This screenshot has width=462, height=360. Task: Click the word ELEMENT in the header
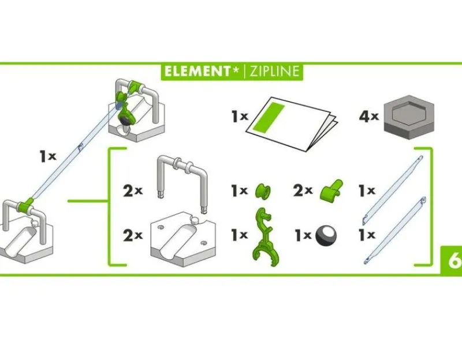[x=197, y=72]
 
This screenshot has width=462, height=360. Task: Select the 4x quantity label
[x=369, y=117]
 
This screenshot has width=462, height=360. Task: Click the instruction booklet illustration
[x=292, y=123]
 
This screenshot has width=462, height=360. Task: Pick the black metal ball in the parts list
[x=326, y=235]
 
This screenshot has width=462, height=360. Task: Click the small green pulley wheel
[x=263, y=192]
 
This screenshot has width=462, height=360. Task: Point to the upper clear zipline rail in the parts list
[x=393, y=190]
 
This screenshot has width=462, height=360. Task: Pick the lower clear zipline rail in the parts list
[x=395, y=230]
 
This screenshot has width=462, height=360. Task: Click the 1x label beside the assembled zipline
[x=48, y=156]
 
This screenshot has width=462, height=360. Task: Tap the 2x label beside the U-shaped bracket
[x=133, y=191]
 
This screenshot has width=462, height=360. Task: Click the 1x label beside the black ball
[x=303, y=235]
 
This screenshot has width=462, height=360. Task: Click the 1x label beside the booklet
[x=240, y=117]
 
